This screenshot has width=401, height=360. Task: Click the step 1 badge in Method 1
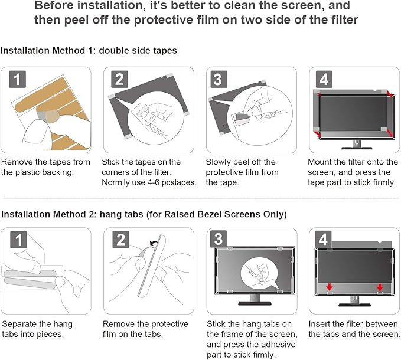(19, 80)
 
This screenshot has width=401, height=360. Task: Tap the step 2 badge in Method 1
(120, 80)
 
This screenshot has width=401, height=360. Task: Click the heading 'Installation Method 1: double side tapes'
(89, 51)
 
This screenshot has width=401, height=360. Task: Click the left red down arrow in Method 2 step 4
(329, 288)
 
